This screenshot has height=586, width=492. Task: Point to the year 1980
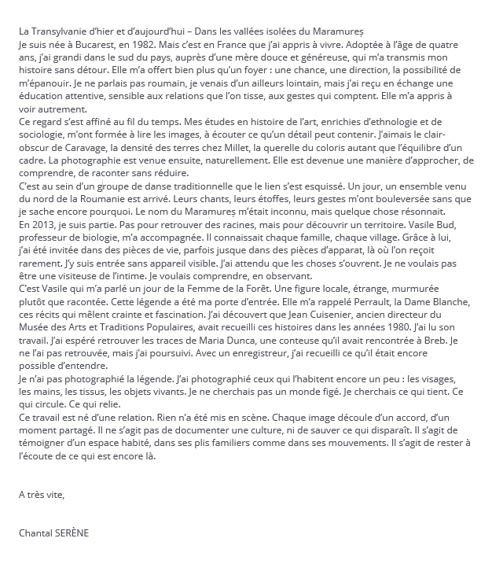point(408,326)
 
